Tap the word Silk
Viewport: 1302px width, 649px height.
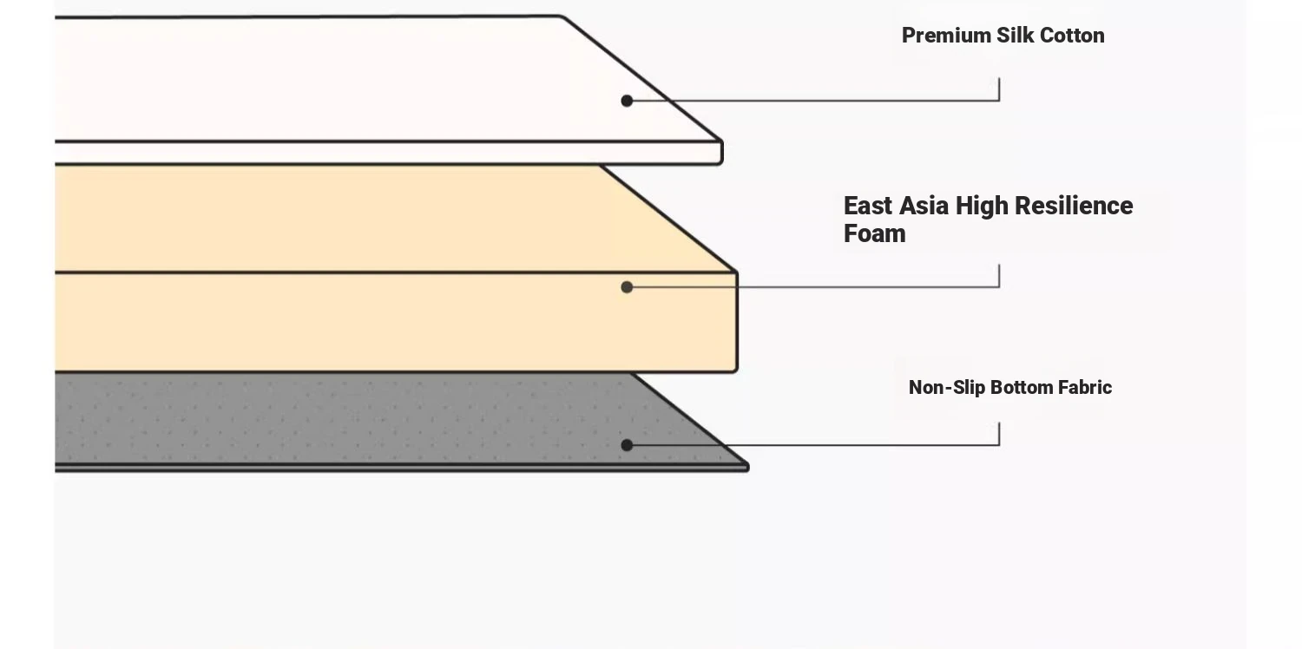[x=1016, y=36]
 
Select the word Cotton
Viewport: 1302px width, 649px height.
[x=1072, y=36]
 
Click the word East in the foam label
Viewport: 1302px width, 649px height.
[x=867, y=206]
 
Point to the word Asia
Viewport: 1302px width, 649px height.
[x=924, y=206]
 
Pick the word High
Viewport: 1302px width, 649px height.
[x=982, y=206]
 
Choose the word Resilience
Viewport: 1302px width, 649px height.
[x=1075, y=206]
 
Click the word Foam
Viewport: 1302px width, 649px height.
[x=875, y=233]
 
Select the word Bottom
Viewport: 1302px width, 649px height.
[x=1022, y=388]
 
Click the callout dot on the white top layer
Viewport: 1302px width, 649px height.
[x=627, y=102]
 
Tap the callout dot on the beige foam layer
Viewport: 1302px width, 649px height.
[x=627, y=287]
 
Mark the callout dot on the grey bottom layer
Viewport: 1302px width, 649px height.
[x=627, y=445]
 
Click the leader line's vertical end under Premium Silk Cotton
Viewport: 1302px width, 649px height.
[x=999, y=78]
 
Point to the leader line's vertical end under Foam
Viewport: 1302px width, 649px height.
[x=999, y=265]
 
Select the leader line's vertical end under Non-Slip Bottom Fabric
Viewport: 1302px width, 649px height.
[x=999, y=423]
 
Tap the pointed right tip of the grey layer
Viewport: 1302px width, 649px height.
[x=748, y=467]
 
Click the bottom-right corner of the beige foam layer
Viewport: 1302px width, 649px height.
[x=735, y=370]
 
